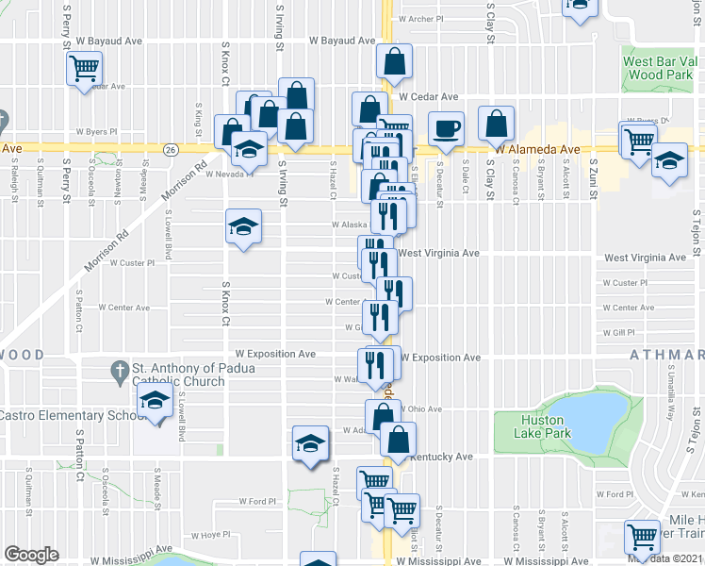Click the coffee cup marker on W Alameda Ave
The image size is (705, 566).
447,127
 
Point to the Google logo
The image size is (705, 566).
31,555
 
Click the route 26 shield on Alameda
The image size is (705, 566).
171,149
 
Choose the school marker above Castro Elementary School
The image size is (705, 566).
156,401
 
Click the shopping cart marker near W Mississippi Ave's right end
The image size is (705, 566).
643,537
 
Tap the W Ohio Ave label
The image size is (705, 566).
420,409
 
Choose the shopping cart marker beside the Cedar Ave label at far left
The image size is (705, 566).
84,68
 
